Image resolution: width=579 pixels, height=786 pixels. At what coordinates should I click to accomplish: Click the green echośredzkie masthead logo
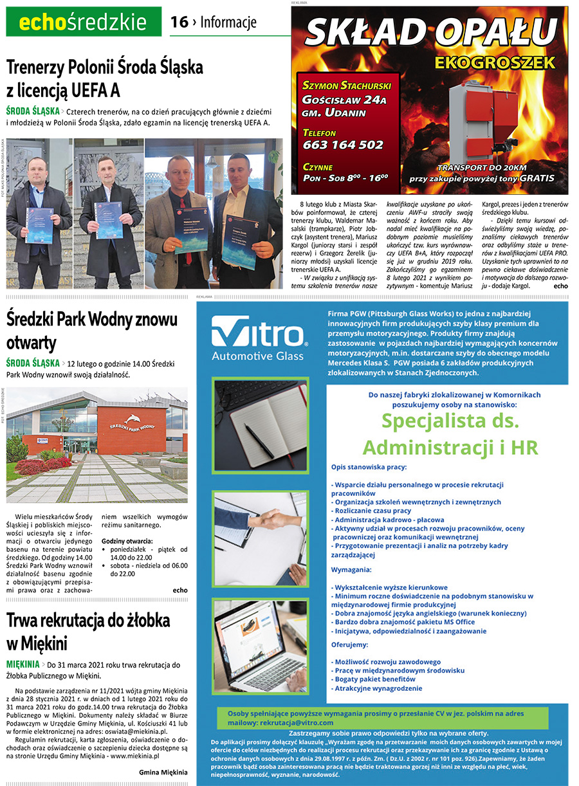point(84,23)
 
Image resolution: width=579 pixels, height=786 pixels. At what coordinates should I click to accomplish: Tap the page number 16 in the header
point(179,23)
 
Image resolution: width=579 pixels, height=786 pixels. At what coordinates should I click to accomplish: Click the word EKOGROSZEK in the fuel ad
point(494,62)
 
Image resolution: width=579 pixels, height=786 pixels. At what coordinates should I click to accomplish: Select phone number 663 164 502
point(343,145)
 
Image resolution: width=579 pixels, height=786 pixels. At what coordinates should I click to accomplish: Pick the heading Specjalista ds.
point(450,421)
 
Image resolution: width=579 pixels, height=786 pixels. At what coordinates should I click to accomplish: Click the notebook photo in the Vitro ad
point(260,425)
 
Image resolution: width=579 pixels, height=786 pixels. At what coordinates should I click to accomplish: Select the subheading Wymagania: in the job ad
point(351,570)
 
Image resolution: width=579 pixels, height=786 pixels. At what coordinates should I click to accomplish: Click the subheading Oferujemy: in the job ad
point(350,644)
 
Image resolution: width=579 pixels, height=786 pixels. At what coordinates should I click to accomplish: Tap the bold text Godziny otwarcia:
point(127,541)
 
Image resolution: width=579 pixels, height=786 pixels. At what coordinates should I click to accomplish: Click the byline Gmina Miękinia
point(163,772)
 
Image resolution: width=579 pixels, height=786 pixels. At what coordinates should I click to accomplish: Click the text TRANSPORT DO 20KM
point(484,167)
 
